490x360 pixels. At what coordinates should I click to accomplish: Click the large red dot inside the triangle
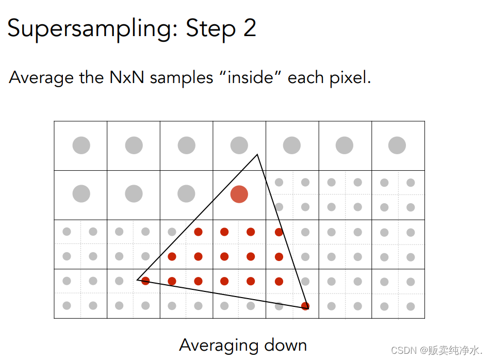coord(239,194)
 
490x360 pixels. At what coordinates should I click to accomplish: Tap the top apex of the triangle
coord(257,154)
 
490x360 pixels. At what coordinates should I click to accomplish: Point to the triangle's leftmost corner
coord(138,280)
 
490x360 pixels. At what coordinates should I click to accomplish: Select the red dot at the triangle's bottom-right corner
coord(305,306)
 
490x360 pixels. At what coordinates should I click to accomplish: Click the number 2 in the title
coord(250,28)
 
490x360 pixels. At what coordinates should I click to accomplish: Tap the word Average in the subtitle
coord(41,78)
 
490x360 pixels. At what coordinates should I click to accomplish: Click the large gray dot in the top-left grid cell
coord(81,145)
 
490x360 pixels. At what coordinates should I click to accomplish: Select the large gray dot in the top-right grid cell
coord(397,145)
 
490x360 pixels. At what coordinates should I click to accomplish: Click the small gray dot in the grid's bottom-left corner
coord(67,306)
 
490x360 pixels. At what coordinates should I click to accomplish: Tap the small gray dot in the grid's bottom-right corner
coord(411,306)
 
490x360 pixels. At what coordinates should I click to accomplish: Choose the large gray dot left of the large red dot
coord(186,194)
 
